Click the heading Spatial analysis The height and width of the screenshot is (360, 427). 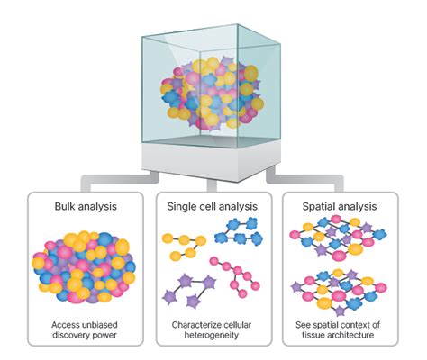pyautogui.click(x=341, y=206)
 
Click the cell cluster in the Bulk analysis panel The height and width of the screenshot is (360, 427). pyautogui.click(x=83, y=265)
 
